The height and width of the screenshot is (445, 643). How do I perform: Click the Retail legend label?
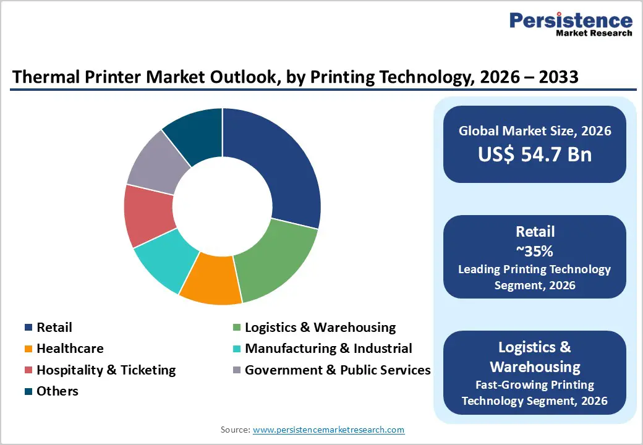pos(54,328)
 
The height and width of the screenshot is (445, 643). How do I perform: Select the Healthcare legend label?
pos(70,349)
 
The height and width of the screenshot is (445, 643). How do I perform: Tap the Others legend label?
pos(57,391)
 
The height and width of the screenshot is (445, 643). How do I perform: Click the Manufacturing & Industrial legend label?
pos(328,349)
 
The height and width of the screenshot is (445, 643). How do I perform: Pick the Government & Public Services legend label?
pos(338,370)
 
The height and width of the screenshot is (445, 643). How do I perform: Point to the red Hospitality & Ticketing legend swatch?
pos(28,370)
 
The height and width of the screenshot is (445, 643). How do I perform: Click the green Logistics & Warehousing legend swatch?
pos(237,328)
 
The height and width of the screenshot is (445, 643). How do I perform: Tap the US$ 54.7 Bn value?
pos(535,154)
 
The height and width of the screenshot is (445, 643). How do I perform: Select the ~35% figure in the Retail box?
pos(535,252)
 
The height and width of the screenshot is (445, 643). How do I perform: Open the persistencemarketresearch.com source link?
pos(328,430)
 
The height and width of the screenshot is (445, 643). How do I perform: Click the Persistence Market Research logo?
pos(571,25)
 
